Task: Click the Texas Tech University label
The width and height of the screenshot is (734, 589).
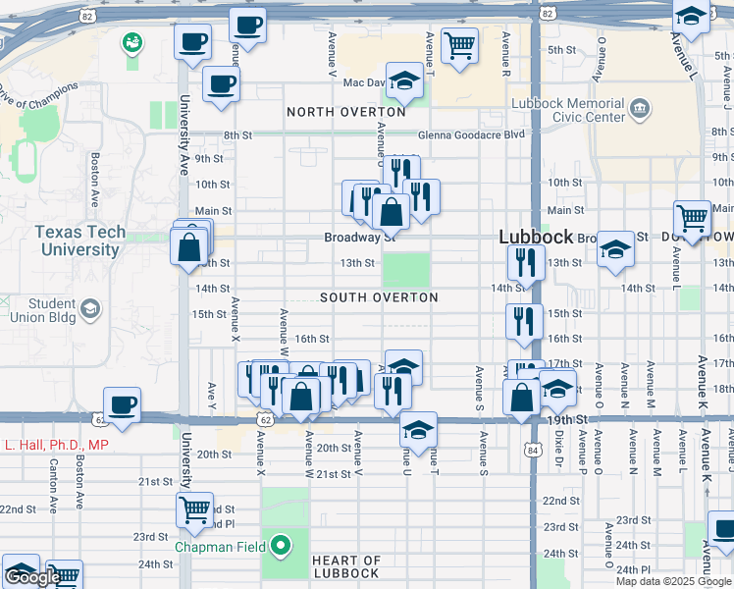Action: pos(80,241)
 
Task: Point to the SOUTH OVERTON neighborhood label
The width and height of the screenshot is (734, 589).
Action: pos(379,297)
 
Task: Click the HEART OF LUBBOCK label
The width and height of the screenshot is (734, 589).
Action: pos(346,566)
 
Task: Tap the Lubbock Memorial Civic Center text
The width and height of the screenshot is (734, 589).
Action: pos(567,110)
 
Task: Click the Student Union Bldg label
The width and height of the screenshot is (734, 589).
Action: pos(39,311)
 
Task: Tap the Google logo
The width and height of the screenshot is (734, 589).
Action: pos(32,577)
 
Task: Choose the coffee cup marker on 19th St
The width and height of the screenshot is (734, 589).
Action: pos(122,404)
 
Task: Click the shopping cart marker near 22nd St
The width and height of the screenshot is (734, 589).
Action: pos(195,509)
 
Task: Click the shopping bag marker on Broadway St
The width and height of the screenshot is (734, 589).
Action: pos(391,211)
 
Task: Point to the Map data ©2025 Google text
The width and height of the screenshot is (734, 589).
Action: pos(673,581)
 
